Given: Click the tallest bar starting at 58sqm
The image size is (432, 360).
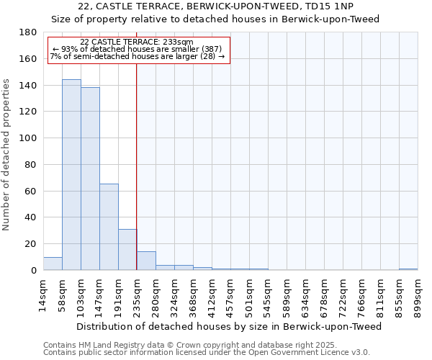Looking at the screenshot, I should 71,175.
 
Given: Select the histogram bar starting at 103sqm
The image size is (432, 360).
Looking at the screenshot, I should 90,179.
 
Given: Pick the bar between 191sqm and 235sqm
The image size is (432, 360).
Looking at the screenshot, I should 127,250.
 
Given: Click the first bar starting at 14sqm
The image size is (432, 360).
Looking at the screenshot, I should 53,264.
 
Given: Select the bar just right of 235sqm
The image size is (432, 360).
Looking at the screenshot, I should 146,261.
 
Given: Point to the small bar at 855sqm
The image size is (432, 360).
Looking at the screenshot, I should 408,269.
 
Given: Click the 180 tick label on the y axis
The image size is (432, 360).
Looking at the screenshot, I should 29,32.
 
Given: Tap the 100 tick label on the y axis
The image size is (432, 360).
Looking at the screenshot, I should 29,138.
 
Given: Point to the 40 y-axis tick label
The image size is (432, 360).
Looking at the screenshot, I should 32,217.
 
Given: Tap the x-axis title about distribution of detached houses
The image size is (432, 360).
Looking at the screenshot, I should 228,326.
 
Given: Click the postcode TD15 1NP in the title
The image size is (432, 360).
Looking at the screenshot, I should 330,6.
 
